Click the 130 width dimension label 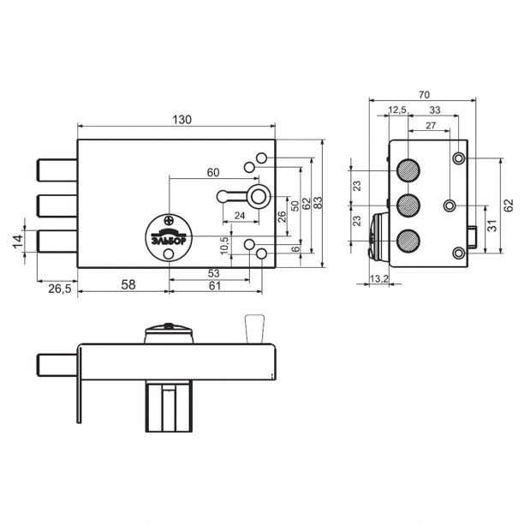(182, 119)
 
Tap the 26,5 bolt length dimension (60, 289)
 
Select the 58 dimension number (128, 285)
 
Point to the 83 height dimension (319, 203)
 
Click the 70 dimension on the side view (424, 95)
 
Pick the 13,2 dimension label (379, 278)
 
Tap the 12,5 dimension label (397, 110)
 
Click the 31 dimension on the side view (492, 225)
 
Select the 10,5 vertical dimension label (225, 246)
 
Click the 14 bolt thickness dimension (18, 241)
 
